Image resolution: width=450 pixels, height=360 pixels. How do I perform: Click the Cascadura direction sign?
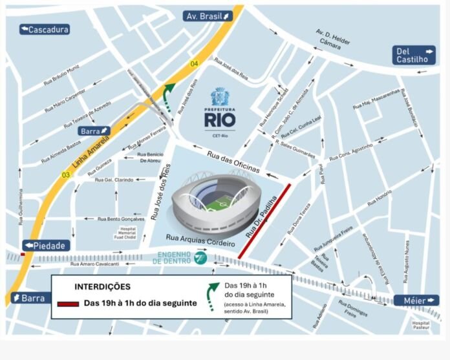[x=44, y=29]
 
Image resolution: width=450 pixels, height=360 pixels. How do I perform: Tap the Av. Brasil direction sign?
[x=207, y=16]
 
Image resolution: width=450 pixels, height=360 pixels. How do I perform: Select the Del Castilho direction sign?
[x=415, y=55]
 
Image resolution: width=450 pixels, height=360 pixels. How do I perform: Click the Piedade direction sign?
[x=46, y=246]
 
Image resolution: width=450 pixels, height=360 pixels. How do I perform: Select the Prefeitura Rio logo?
[x=220, y=110]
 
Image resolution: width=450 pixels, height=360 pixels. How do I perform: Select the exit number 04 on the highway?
[x=193, y=63]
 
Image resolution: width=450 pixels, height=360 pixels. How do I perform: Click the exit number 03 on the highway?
[x=65, y=175]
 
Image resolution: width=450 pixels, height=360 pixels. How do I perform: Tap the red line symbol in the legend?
[x=68, y=304]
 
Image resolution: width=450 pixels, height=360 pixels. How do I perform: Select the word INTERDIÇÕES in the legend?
[x=102, y=286]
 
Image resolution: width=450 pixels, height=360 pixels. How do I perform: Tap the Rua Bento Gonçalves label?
[x=121, y=219]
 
